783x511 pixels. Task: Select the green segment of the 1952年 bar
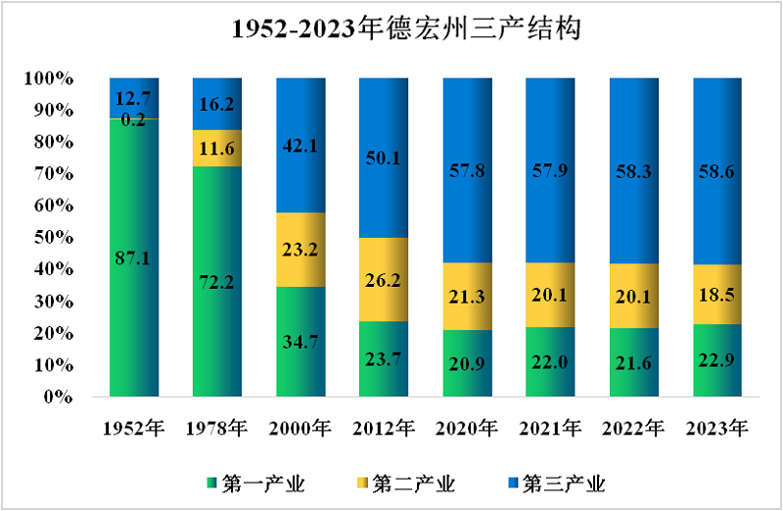click(134, 294)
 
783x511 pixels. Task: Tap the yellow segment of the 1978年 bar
click(217, 148)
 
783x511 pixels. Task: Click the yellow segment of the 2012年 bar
click(384, 280)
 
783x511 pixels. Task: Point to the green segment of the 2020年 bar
click(467, 364)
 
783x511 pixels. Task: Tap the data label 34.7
click(300, 343)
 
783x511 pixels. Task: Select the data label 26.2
click(384, 280)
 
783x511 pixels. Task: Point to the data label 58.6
click(717, 170)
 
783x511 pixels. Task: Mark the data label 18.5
click(717, 294)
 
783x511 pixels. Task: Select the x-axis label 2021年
click(551, 428)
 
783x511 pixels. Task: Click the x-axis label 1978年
click(217, 428)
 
